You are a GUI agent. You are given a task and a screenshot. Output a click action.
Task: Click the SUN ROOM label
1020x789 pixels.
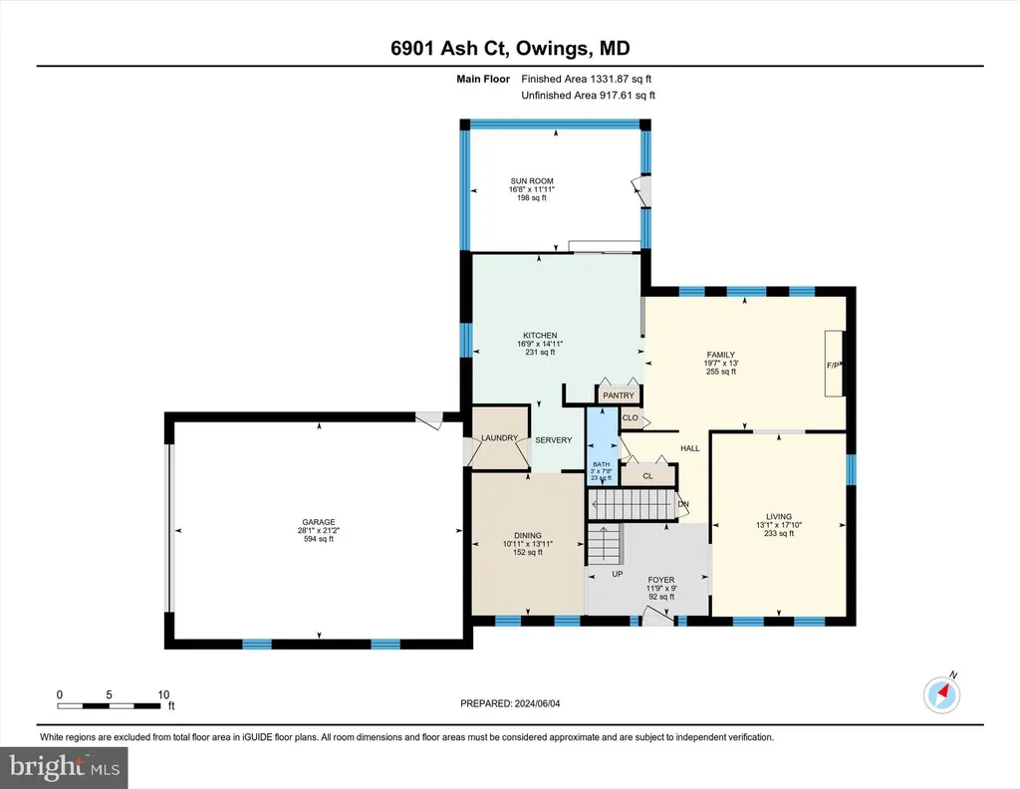tap(532, 181)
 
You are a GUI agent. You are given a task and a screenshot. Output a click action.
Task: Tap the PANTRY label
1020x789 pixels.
tap(618, 395)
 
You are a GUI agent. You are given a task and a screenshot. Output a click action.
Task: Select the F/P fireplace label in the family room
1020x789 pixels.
tap(833, 366)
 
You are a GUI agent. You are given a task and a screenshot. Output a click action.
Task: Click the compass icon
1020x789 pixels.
tap(941, 694)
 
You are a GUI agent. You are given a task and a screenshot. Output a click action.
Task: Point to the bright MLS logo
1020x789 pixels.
tap(64, 767)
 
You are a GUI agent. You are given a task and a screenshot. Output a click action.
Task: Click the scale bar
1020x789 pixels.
tap(109, 705)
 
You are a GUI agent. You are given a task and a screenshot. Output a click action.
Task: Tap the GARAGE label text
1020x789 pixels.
tap(319, 522)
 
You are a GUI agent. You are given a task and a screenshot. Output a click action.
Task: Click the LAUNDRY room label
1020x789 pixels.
tap(500, 437)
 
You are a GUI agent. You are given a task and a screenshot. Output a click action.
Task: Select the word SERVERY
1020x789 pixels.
tap(554, 440)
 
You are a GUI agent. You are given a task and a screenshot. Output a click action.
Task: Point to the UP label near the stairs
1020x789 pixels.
tap(618, 574)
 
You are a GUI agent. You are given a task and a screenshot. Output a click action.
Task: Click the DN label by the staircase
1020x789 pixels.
tap(683, 504)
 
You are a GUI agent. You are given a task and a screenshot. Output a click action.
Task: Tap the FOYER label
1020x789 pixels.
tap(661, 580)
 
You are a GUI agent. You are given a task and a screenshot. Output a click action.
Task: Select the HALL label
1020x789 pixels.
tap(690, 448)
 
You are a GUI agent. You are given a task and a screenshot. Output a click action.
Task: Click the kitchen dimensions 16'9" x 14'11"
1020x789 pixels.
tap(540, 344)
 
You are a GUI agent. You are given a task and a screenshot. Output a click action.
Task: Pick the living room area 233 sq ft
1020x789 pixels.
tap(779, 533)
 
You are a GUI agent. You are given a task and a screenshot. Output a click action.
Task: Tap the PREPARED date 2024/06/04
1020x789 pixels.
tap(537, 703)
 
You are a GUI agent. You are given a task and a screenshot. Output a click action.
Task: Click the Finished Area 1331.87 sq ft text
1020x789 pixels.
tap(586, 79)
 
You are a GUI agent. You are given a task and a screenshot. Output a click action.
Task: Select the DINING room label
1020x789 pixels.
tap(528, 536)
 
